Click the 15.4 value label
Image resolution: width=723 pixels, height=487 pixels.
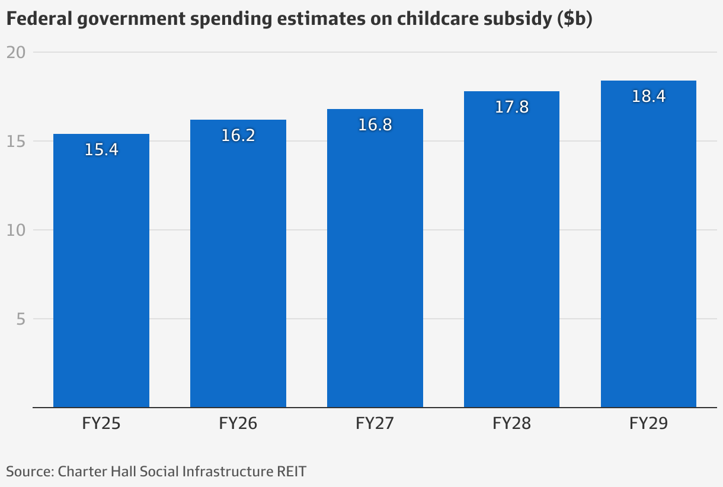point(101,150)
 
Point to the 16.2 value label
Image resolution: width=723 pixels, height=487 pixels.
point(238,136)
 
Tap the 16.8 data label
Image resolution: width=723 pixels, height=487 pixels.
point(375,125)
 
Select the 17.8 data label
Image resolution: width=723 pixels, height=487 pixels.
point(511,107)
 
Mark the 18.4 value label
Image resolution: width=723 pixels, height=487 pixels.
point(648,97)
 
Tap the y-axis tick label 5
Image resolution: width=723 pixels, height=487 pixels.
point(21,319)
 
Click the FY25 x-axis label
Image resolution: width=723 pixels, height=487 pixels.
point(101,424)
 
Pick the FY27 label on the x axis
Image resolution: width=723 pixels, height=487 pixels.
point(375,424)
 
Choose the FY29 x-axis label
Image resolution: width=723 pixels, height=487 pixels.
point(648,424)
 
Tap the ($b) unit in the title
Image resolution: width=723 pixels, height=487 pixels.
point(575,20)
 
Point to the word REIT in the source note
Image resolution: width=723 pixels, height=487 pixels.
point(292,472)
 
